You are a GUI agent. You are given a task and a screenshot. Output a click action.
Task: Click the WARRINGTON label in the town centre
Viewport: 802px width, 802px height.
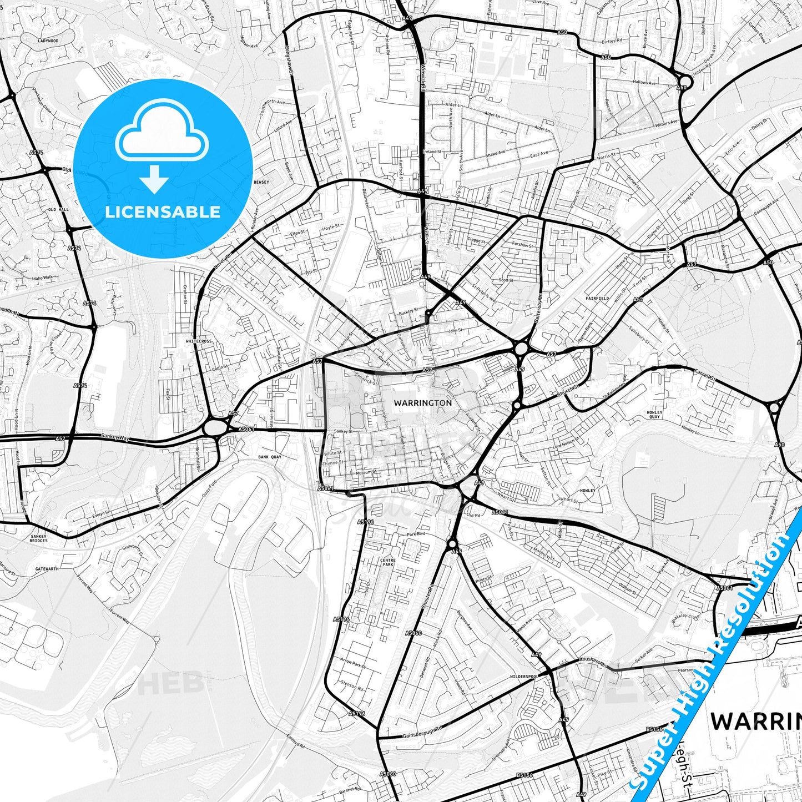click(x=422, y=402)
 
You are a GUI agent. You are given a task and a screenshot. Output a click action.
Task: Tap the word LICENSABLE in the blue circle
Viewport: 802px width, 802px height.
click(x=163, y=211)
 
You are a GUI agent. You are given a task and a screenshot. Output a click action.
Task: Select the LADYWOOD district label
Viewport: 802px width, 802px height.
click(x=48, y=41)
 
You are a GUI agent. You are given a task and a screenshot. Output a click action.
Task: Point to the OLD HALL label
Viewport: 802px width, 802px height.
click(x=58, y=209)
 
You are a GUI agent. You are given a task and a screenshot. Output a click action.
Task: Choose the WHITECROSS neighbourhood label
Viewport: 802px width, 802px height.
click(x=199, y=341)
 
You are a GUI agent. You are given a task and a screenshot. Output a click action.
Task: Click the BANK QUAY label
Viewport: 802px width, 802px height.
click(x=270, y=457)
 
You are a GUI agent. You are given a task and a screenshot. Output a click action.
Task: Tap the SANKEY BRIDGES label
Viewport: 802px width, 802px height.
click(x=39, y=538)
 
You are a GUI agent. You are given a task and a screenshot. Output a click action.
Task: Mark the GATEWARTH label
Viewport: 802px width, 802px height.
click(x=46, y=569)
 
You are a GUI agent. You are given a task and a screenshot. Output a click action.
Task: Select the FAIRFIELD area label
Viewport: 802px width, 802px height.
click(x=597, y=298)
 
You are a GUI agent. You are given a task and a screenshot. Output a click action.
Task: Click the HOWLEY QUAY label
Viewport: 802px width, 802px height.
click(x=655, y=415)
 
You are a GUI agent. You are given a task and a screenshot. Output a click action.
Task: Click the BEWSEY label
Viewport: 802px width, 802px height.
click(x=260, y=181)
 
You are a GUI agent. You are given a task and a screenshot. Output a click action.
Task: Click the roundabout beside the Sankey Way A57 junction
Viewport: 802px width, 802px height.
click(x=214, y=427)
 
